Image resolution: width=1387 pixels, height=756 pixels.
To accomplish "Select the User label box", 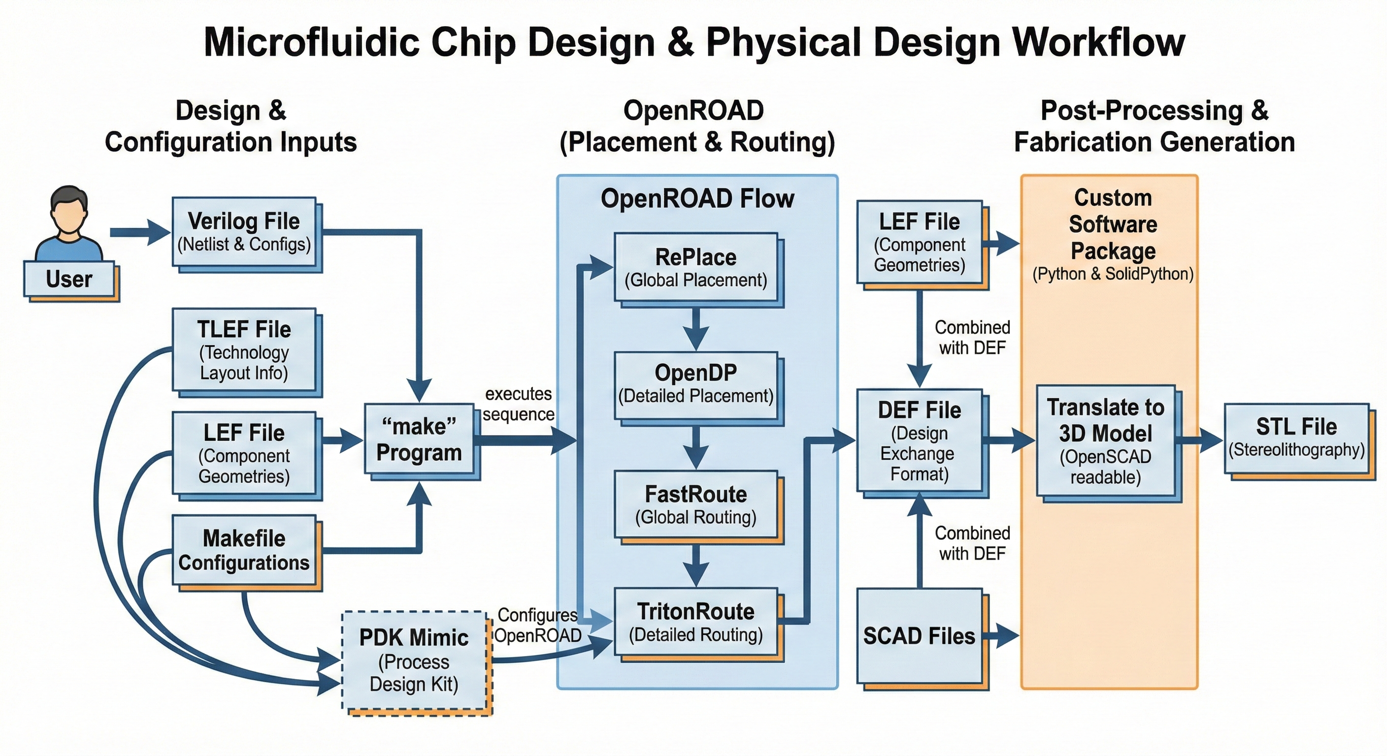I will (x=69, y=279).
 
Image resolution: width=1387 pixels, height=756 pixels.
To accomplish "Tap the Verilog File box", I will (x=244, y=232).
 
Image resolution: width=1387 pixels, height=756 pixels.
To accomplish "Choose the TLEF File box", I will (x=244, y=350).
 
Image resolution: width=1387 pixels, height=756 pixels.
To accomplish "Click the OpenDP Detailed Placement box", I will (x=696, y=384).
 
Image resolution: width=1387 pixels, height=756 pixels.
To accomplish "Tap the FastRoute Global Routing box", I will (x=696, y=504).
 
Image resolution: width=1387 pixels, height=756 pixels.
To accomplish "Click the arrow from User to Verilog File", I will (x=140, y=232).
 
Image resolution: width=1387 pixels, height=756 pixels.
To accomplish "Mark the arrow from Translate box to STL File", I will (x=1200, y=439).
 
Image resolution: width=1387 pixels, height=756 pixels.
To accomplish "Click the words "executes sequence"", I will (x=518, y=404).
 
